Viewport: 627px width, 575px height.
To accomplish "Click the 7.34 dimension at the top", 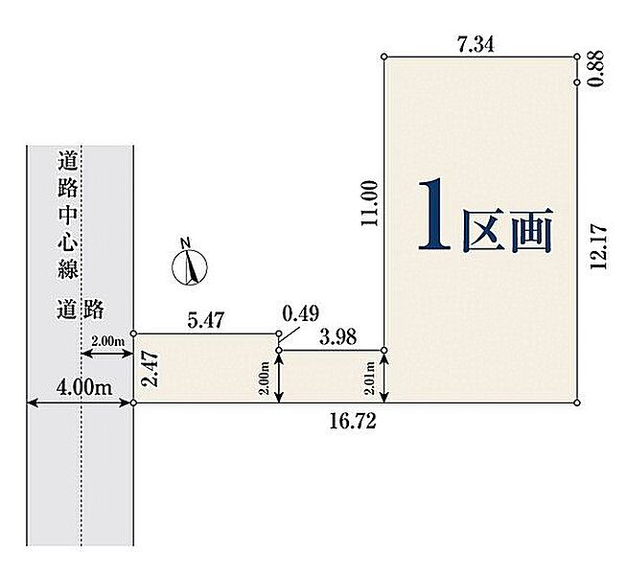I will tap(476, 43).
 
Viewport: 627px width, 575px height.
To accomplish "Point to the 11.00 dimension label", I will tap(368, 203).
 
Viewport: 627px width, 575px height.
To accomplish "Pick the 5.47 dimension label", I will tap(206, 321).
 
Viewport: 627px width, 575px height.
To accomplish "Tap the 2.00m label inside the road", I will tap(107, 341).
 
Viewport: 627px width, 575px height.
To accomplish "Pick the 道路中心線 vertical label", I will tap(66, 213).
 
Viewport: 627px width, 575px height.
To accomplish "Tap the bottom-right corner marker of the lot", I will tap(577, 402).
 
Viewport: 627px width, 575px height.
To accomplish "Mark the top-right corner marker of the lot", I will tap(577, 57).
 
